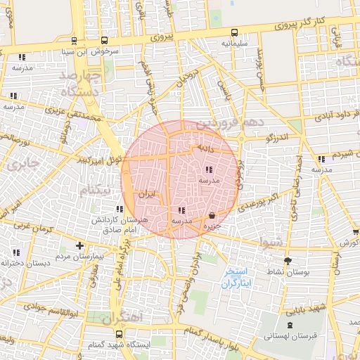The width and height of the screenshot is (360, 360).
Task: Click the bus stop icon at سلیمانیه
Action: coord(234,32)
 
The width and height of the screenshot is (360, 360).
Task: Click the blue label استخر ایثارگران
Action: coord(236,277)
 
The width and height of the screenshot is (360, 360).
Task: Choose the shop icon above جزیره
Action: coord(212,216)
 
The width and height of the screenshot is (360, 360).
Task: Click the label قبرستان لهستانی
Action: coord(290,336)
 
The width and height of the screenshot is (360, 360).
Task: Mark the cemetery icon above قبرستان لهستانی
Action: coord(290,325)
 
